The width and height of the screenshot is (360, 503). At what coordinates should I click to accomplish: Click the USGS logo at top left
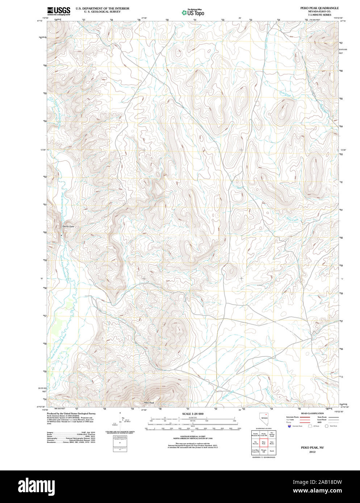coord(58,11)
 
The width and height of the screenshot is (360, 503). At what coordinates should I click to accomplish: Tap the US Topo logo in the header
coord(193,13)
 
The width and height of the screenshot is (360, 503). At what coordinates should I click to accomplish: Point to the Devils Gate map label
coord(68,227)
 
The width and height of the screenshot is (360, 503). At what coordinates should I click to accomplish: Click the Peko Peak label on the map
coord(149,403)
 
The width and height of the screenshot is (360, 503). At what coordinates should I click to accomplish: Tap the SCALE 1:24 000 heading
coord(193,414)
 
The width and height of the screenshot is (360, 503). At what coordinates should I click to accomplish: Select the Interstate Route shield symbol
coord(289,426)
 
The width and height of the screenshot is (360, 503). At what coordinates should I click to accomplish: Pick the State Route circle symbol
coord(326,426)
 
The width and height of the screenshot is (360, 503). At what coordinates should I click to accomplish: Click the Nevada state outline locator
coord(263,419)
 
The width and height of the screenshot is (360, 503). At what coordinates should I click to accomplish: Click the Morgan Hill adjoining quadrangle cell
coord(264,451)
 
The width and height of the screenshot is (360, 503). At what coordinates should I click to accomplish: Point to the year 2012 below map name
coord(312,452)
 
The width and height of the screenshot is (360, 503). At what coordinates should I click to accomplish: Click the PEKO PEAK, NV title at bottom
coord(312,448)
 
